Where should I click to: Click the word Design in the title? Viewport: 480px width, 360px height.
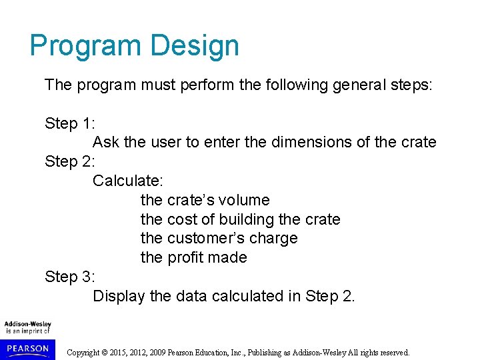click(195, 46)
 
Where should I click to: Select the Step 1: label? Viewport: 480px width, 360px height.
click(70, 123)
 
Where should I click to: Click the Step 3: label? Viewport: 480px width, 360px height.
click(70, 277)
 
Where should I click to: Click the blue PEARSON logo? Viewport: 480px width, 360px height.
click(27, 349)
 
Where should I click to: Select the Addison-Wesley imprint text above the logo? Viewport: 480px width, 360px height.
click(27, 325)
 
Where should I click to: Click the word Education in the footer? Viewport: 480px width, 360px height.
click(232, 353)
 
